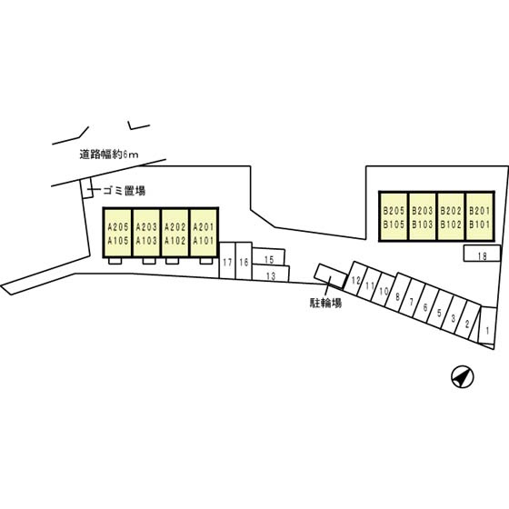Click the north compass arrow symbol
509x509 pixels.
pos(463,377)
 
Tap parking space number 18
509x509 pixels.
pos(482,254)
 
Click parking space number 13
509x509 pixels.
pos(271,274)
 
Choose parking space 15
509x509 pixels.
pos(269,256)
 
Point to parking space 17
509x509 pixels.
pos(227,260)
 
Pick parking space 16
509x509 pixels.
pos(244,260)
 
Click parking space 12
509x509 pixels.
pos(355,278)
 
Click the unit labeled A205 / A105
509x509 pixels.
pos(118,233)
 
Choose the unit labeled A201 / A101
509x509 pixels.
pos(204,233)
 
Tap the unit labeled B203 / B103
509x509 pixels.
pos(423,216)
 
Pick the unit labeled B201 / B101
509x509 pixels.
pos(480,216)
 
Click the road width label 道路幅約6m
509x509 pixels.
pos(109,155)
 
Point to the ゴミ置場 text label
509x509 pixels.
pos(125,191)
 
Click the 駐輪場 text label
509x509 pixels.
pos(326,303)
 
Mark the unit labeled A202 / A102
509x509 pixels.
pos(175,233)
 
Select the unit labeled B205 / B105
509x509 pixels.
pos(394,216)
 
